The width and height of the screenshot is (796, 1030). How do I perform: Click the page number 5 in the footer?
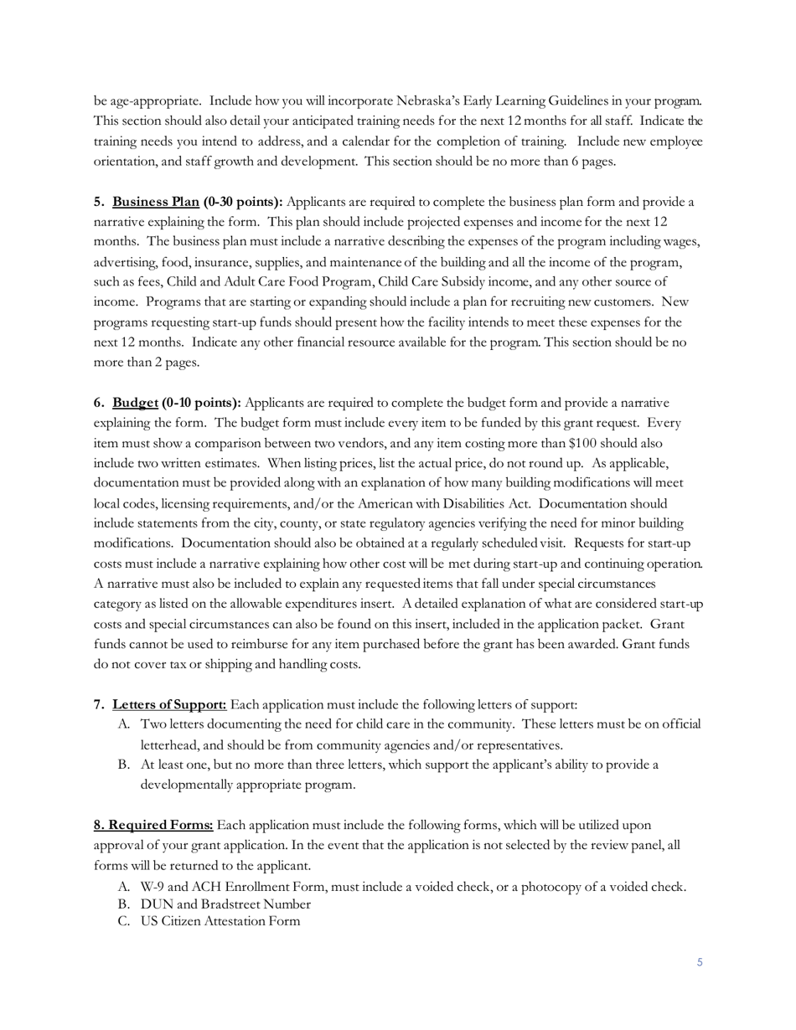pos(700,962)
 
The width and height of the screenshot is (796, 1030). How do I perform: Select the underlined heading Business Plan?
pos(156,202)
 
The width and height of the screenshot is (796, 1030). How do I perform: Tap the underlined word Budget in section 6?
pos(136,404)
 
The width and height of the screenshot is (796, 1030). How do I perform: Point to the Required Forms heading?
pos(153,826)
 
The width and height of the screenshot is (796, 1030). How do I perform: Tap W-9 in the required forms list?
pos(152,887)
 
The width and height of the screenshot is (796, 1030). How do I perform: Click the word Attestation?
pos(240,921)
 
